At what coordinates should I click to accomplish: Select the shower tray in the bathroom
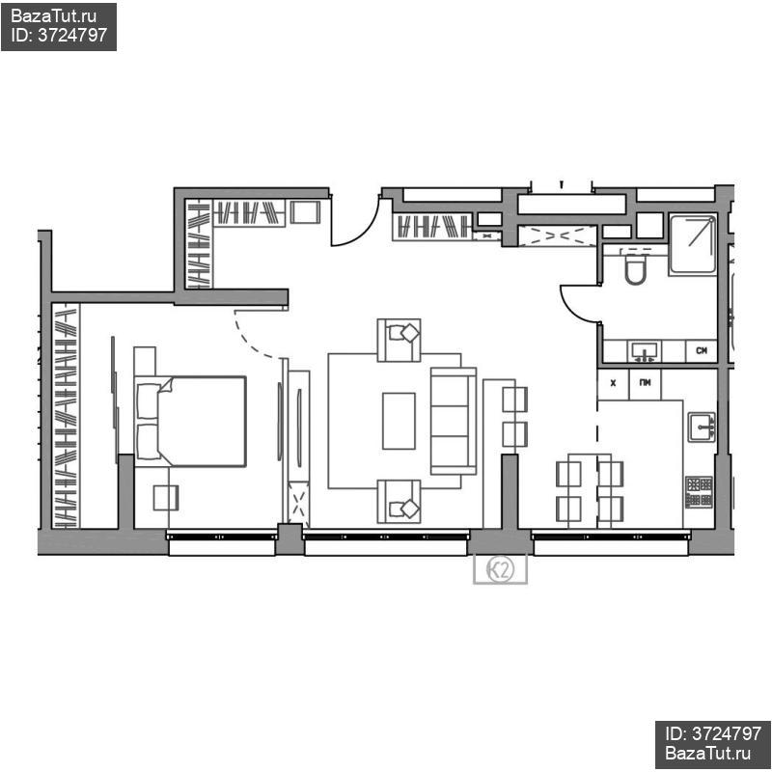(x=693, y=244)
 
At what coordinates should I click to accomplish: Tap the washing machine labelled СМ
(x=702, y=351)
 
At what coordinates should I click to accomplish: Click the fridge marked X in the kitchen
(x=613, y=383)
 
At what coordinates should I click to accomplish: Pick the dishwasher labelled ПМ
(x=645, y=383)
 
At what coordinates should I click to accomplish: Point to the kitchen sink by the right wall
(x=702, y=427)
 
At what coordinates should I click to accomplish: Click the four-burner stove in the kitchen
(x=699, y=491)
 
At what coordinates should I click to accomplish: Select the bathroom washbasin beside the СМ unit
(x=645, y=351)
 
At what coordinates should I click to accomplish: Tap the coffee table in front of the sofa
(x=399, y=421)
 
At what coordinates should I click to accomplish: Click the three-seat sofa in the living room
(x=454, y=421)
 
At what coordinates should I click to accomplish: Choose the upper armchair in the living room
(x=399, y=340)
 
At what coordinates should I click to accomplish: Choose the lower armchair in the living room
(x=399, y=501)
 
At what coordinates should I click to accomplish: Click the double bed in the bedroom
(x=190, y=421)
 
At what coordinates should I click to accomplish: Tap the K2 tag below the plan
(x=500, y=570)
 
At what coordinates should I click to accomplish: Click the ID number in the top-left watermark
(x=72, y=35)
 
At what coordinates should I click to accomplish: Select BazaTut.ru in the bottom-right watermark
(x=708, y=753)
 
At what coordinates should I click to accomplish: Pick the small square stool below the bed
(x=165, y=498)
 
